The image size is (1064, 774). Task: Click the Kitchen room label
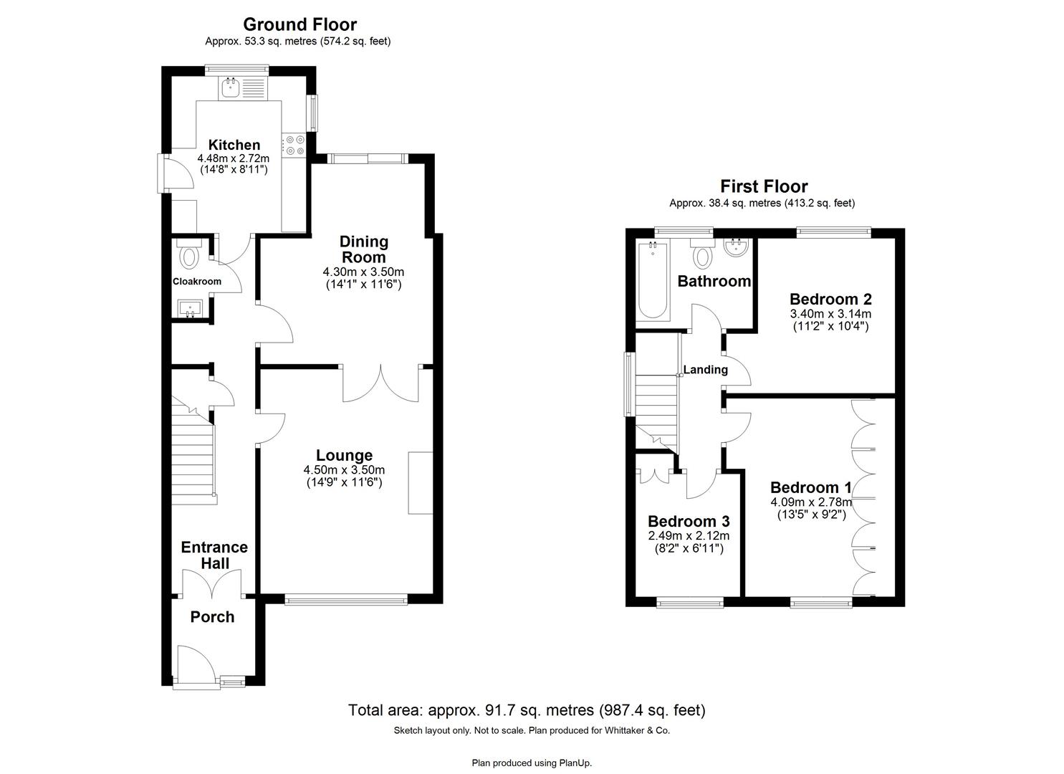tap(234, 145)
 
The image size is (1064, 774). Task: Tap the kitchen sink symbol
tap(231, 89)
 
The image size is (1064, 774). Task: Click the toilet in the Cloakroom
tap(190, 254)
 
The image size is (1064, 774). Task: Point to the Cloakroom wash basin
tap(191, 308)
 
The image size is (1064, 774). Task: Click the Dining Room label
tap(363, 249)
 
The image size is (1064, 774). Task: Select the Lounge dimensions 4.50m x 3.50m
tap(344, 470)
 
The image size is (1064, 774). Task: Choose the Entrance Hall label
tap(214, 555)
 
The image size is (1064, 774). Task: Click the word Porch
tap(212, 617)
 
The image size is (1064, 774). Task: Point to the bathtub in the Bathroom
tap(652, 281)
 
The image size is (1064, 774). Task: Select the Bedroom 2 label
tap(830, 299)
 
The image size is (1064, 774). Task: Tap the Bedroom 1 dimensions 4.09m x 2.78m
tap(810, 502)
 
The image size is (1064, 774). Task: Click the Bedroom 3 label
tap(688, 521)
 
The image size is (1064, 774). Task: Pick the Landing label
tap(705, 370)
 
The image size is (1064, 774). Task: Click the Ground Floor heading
tap(299, 25)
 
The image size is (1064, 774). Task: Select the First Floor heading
tap(764, 187)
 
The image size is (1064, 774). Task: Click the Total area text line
tap(527, 710)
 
